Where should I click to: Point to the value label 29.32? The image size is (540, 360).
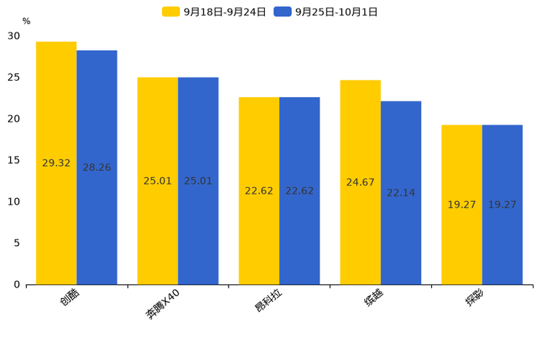coord(56,163)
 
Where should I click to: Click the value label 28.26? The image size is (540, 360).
coord(97,168)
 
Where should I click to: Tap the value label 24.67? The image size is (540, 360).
coord(360,182)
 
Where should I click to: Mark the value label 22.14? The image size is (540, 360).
coord(401,193)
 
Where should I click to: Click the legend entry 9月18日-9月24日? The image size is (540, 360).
coord(214,12)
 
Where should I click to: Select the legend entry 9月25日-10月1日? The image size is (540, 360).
coord(326,12)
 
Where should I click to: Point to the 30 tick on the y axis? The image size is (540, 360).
coord(14,36)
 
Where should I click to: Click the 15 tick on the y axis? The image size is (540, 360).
coord(14,160)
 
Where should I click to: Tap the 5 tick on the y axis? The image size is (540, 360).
coord(17,243)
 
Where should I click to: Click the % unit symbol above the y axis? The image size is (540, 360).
coord(26,21)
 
